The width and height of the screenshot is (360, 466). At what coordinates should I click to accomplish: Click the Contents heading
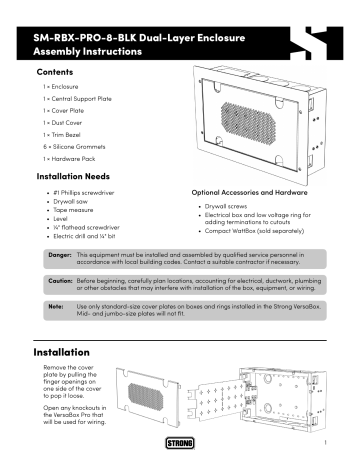point(53,74)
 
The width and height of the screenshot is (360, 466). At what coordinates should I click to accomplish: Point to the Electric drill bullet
point(91,235)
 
